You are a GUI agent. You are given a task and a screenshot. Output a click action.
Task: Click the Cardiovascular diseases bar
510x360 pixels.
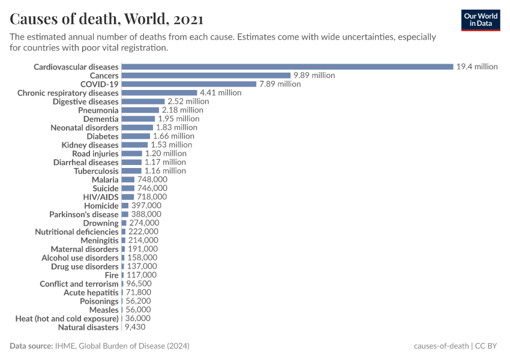(x=287, y=67)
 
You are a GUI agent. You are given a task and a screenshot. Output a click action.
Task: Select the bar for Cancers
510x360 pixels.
(x=206, y=76)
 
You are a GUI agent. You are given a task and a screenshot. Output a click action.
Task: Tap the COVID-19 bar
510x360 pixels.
(x=188, y=84)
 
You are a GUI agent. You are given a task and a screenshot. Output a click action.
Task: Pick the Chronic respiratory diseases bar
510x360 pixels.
(x=159, y=93)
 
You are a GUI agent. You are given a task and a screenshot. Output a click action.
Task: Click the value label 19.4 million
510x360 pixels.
(x=477, y=67)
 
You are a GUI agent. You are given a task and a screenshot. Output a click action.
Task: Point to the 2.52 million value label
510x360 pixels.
(x=188, y=101)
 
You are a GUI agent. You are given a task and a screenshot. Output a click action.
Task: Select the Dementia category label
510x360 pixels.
(x=101, y=119)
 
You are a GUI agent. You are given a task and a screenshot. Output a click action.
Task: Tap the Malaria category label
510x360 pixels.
(x=105, y=179)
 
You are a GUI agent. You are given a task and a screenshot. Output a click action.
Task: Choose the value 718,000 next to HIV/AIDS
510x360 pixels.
(x=152, y=197)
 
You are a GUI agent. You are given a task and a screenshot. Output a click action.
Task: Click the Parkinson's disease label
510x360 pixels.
(x=84, y=214)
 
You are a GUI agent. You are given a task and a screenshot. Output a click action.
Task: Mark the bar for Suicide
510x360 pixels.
(x=128, y=188)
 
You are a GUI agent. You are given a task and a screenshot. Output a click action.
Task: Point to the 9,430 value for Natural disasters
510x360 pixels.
(x=135, y=328)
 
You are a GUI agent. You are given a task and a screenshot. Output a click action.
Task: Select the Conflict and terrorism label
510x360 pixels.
(x=79, y=284)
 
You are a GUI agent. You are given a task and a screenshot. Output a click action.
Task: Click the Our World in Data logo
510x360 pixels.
(x=481, y=20)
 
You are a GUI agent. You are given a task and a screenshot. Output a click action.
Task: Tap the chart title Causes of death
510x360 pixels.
(x=106, y=19)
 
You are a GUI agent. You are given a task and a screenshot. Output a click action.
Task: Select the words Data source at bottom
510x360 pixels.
(x=31, y=346)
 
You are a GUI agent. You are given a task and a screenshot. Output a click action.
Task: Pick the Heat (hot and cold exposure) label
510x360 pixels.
(x=67, y=319)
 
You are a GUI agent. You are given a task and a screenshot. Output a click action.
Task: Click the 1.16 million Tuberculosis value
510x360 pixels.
(x=165, y=171)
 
